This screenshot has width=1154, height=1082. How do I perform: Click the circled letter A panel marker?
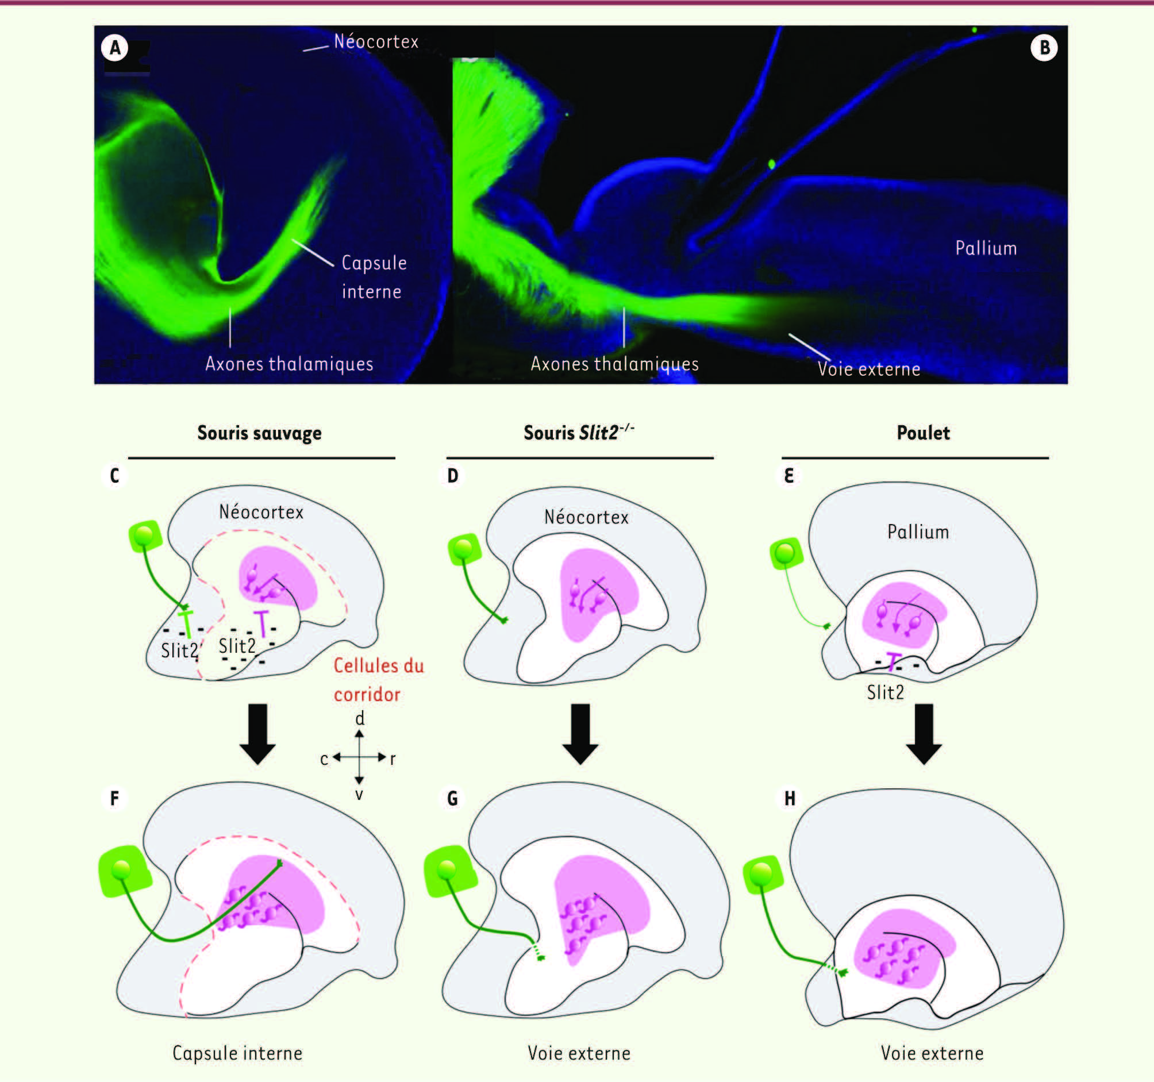point(115,48)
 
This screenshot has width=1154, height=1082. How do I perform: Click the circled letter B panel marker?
point(1044,48)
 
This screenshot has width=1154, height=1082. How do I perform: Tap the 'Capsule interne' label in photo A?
point(374,276)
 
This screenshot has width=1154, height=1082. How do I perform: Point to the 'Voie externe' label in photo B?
point(869,368)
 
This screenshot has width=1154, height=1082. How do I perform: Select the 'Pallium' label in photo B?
point(986,248)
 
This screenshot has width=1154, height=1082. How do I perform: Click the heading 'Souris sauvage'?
point(259,433)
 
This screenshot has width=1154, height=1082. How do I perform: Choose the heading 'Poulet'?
point(923,433)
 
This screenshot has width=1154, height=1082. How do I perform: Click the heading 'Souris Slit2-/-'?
point(579,432)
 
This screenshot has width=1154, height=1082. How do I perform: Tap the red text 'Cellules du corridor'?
point(379,680)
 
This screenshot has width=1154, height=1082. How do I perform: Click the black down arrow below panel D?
point(580,734)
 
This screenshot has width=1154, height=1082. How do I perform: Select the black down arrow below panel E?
point(924,734)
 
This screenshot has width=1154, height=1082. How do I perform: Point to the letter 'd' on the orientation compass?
point(360,719)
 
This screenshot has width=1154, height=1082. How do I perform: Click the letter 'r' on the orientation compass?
point(393,758)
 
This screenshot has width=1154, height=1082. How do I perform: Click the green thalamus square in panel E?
point(786,553)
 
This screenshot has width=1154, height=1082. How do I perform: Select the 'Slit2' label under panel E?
point(885,692)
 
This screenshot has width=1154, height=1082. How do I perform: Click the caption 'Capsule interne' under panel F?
point(237,1053)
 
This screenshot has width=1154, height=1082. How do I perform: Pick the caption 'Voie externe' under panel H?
point(932,1053)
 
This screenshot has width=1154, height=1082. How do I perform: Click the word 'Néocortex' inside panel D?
point(586,517)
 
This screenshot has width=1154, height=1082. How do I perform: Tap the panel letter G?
point(453,799)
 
